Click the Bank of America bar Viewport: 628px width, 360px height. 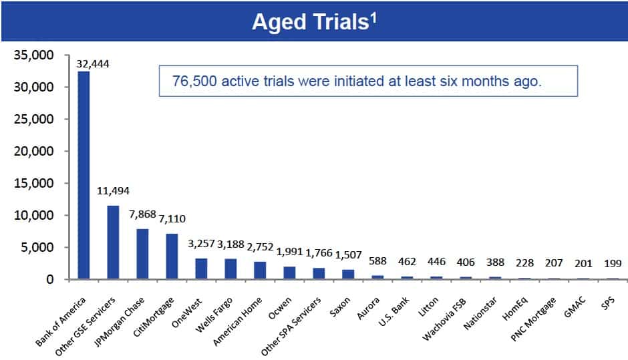point(84,175)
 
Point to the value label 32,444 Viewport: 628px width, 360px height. point(94,64)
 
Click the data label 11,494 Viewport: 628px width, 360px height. point(113,192)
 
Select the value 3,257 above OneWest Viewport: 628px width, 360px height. point(201,244)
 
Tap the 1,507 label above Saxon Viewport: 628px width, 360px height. point(347,255)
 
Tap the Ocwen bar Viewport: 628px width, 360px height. point(289,273)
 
